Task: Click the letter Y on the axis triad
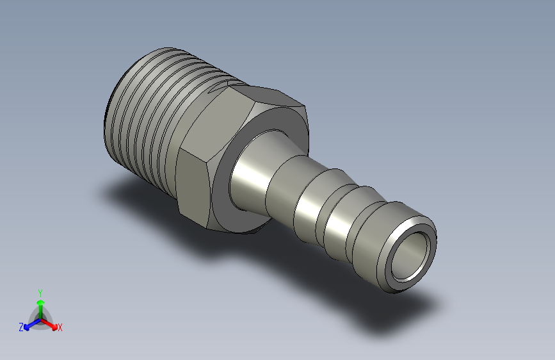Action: click(40, 293)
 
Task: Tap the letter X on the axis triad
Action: click(60, 327)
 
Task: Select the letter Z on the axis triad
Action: click(21, 327)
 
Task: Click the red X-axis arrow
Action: click(49, 324)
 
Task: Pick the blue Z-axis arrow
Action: click(33, 324)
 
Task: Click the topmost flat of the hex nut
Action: click(266, 95)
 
